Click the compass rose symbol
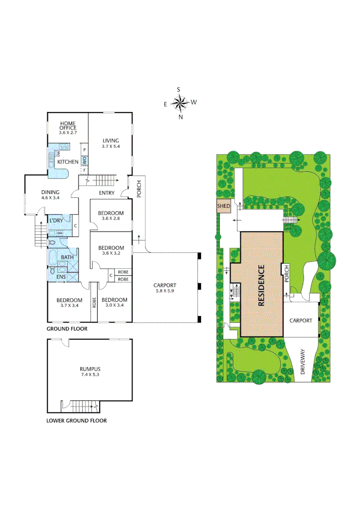pyautogui.click(x=180, y=102)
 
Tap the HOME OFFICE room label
pyautogui.click(x=67, y=128)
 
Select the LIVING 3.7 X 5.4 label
pyautogui.click(x=111, y=144)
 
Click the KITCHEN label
pyautogui.click(x=67, y=162)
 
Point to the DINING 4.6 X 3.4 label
pyautogui.click(x=50, y=195)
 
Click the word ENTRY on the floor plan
pyautogui.click(x=107, y=193)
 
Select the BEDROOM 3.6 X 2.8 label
pyautogui.click(x=111, y=216)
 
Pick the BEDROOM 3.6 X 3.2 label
pyautogui.click(x=111, y=250)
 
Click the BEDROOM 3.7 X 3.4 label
pyautogui.click(x=69, y=303)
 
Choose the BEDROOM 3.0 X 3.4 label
pyautogui.click(x=114, y=303)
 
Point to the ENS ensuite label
pyautogui.click(x=61, y=277)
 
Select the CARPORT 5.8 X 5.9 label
pyautogui.click(x=165, y=288)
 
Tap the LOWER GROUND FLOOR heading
pyautogui.click(x=76, y=420)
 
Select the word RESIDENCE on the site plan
pyautogui.click(x=261, y=286)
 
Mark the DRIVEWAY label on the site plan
pyautogui.click(x=302, y=362)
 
